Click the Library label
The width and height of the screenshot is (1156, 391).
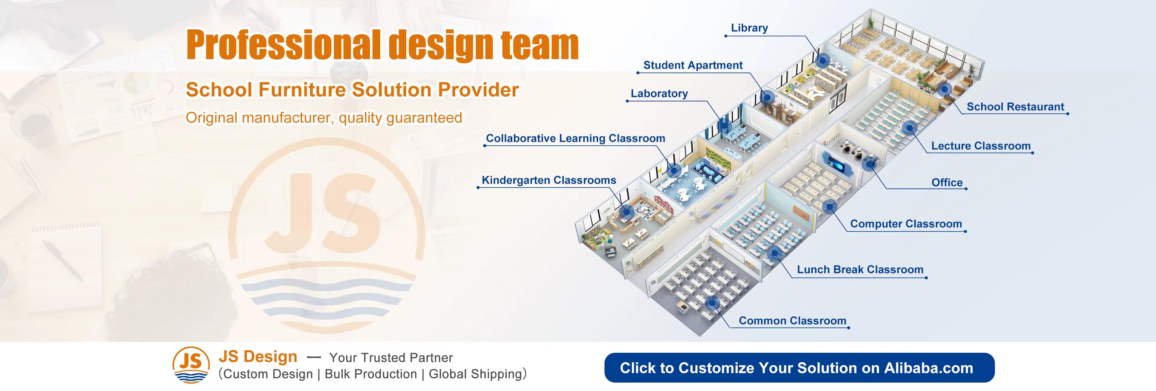click(x=749, y=28)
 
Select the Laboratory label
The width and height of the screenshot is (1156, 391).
click(x=659, y=93)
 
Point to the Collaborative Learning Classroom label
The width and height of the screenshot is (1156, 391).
click(x=575, y=138)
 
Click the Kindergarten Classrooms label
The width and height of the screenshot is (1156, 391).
click(x=548, y=180)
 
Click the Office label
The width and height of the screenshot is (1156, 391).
click(x=946, y=183)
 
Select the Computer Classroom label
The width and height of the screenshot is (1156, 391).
click(x=906, y=224)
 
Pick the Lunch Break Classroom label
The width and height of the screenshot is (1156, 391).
click(x=860, y=269)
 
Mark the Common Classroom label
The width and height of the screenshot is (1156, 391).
click(x=792, y=321)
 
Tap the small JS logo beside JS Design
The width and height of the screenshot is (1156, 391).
click(x=191, y=365)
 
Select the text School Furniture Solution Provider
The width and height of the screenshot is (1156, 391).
click(x=352, y=90)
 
